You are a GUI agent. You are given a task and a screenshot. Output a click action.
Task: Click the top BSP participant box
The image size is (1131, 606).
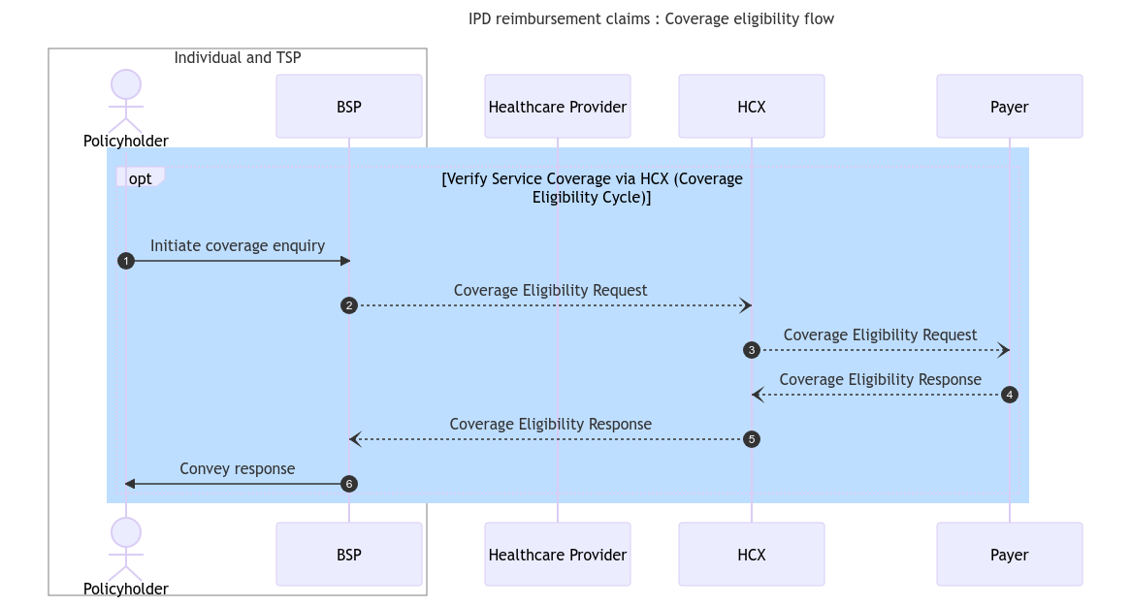click(x=348, y=107)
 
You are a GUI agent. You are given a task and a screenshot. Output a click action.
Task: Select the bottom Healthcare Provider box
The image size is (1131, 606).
click(x=557, y=555)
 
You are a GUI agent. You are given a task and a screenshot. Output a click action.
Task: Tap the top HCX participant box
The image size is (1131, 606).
click(x=751, y=107)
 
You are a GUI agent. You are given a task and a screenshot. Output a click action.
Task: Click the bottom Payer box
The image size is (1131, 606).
click(x=1009, y=555)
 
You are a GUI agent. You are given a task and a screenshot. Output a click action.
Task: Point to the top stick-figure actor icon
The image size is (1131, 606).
click(x=125, y=101)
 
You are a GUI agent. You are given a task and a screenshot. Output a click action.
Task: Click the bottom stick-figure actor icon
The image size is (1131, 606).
click(x=125, y=549)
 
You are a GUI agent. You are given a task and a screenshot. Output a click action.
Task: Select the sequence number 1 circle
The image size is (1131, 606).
click(x=125, y=261)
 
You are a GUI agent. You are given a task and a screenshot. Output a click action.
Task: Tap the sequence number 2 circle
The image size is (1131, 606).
click(x=349, y=305)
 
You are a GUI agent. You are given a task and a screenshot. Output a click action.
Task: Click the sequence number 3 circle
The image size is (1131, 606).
click(x=751, y=350)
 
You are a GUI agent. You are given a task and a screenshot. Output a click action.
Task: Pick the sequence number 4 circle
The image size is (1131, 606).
click(x=1010, y=395)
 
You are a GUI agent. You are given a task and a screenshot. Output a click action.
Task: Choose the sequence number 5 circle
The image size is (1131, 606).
click(x=751, y=439)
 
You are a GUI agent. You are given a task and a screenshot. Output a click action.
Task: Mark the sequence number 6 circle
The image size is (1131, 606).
click(x=349, y=484)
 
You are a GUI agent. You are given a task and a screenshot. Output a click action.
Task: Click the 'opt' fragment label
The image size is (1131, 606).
click(x=140, y=178)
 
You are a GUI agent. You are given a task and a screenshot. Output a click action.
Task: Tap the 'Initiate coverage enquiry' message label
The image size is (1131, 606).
click(x=238, y=246)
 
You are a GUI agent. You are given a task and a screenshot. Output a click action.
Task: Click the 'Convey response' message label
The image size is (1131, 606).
click(x=238, y=469)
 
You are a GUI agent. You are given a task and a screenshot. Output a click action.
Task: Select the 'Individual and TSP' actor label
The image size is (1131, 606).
click(x=238, y=58)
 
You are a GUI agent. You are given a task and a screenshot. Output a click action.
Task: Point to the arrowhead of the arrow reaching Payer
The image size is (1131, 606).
click(x=1004, y=350)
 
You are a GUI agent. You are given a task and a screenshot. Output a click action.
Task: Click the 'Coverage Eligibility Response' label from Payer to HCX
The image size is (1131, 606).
click(x=880, y=380)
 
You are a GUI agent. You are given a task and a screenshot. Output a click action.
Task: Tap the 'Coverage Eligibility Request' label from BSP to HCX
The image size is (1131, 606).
click(x=550, y=291)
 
